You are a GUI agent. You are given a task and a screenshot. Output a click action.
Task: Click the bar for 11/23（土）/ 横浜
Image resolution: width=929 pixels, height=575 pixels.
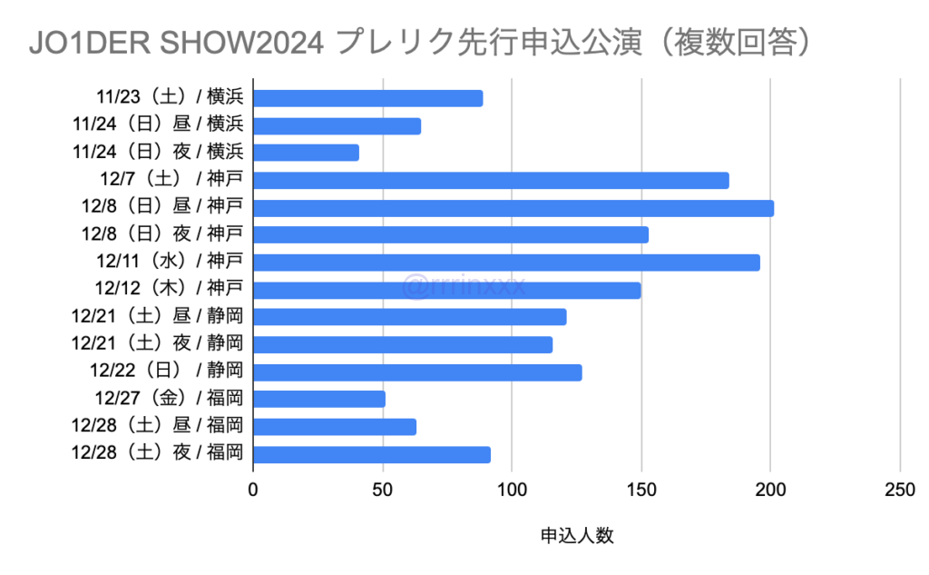(x=367, y=98)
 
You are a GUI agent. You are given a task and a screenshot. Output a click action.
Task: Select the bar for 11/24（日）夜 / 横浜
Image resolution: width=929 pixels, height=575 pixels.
(x=306, y=153)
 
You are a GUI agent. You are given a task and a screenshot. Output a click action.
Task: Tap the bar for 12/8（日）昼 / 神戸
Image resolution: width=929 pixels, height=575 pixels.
(x=513, y=208)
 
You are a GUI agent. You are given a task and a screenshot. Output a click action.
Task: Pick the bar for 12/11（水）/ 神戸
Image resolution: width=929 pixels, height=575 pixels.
(x=506, y=263)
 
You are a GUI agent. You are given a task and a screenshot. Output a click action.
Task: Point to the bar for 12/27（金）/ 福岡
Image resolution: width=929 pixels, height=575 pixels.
(x=319, y=399)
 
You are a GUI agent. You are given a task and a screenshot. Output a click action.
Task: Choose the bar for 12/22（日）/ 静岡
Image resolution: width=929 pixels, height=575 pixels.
(x=417, y=372)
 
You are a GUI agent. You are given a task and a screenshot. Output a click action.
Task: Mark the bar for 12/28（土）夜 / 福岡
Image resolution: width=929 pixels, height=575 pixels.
(x=372, y=454)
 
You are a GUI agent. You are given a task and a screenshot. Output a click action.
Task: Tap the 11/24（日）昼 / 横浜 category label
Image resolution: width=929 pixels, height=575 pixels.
(x=159, y=125)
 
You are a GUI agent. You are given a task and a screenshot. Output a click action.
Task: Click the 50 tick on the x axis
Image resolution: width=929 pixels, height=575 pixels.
(x=383, y=491)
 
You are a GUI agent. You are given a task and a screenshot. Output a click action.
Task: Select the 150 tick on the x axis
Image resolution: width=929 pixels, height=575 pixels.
(x=641, y=491)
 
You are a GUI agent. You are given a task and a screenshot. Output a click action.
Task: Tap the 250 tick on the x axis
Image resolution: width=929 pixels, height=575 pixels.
(x=899, y=491)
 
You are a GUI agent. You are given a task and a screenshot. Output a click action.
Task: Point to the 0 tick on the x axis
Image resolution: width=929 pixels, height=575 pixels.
(x=253, y=491)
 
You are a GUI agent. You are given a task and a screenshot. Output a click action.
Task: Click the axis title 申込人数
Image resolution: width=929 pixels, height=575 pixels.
(x=577, y=536)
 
